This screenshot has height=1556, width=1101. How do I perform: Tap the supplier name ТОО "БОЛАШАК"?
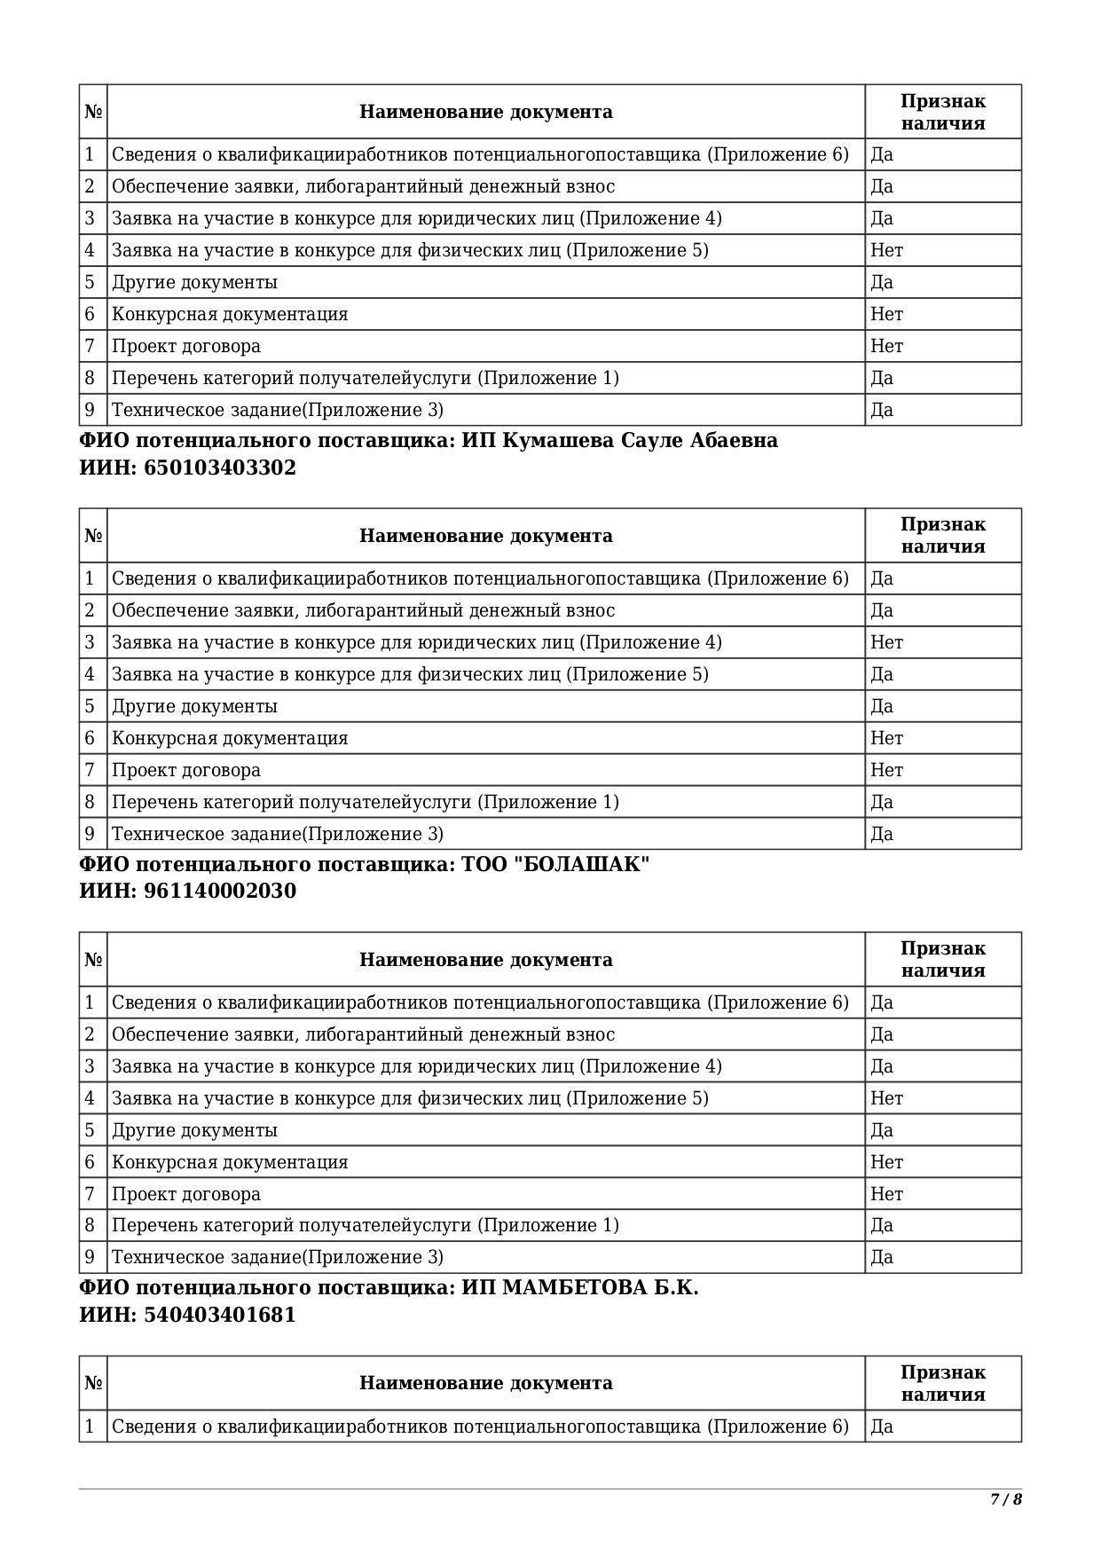(555, 864)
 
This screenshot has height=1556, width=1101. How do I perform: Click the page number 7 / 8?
(1006, 1499)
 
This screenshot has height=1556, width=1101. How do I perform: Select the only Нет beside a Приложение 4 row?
(886, 642)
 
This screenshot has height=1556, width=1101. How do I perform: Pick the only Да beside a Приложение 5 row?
(882, 674)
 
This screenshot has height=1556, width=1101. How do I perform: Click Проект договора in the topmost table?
(186, 346)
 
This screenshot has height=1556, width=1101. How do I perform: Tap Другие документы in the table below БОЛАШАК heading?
(194, 1130)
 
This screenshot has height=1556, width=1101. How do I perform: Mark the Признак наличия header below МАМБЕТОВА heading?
(942, 1383)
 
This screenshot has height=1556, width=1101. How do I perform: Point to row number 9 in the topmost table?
(90, 410)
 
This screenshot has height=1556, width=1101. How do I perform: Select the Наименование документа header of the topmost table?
(485, 112)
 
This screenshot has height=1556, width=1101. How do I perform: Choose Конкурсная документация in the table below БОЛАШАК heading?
(230, 1162)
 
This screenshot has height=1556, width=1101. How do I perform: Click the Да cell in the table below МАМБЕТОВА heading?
(882, 1426)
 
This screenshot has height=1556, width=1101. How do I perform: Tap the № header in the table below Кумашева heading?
(93, 536)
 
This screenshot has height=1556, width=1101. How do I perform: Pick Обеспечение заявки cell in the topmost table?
(363, 186)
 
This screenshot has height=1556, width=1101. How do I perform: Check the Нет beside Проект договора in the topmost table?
(886, 346)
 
